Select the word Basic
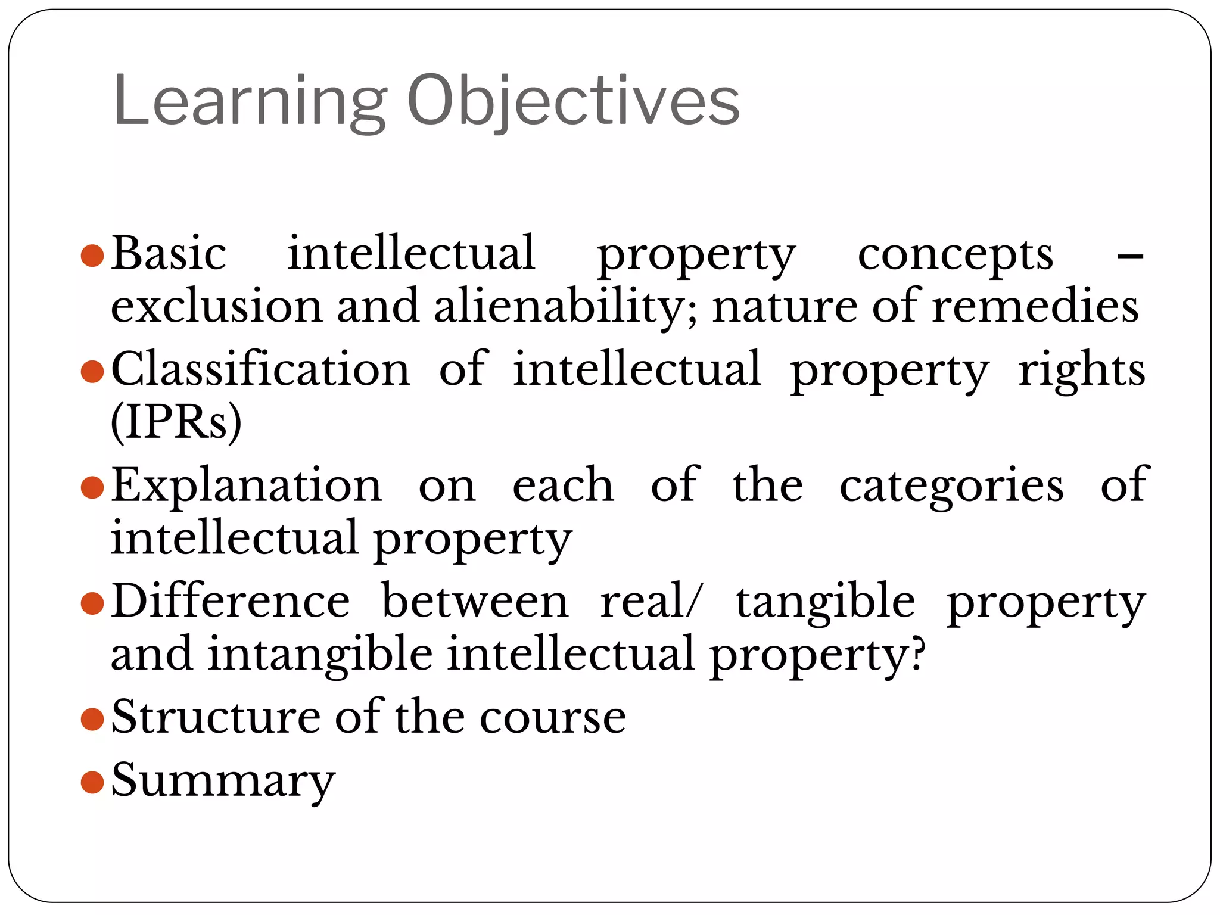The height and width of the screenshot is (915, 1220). coord(169,254)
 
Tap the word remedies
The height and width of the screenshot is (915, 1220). coord(1035,306)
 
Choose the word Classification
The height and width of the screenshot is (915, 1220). coord(261,369)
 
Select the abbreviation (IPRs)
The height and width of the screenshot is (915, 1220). coord(176,422)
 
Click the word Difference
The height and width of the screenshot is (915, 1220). coord(231,601)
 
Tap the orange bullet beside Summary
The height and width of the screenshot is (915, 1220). coord(92,782)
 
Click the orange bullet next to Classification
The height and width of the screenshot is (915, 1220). coord(92,372)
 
